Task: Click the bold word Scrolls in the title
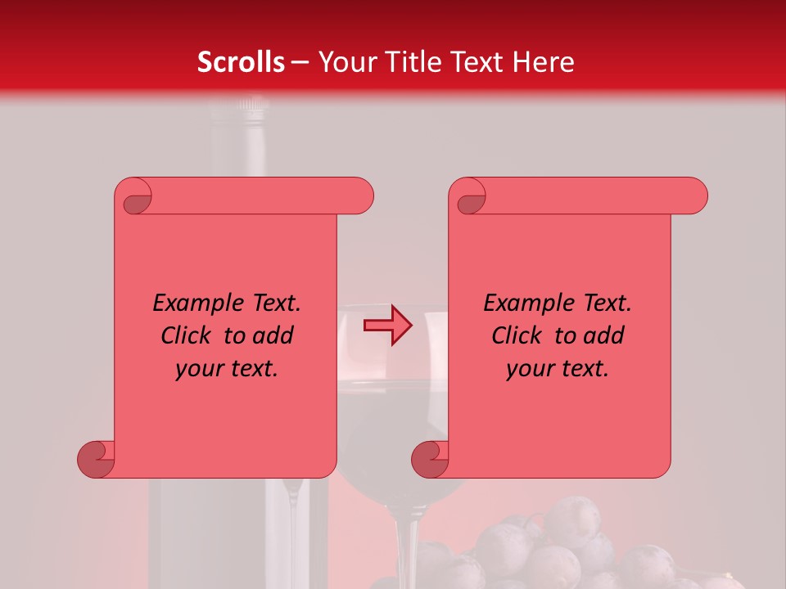tap(241, 62)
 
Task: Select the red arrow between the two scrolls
tap(388, 326)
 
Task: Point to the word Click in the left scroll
tap(188, 335)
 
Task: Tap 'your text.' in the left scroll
tap(227, 368)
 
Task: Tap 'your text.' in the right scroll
tap(558, 368)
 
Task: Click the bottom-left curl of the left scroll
tap(97, 460)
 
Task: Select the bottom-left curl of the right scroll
tap(430, 460)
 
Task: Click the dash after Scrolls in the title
tap(300, 62)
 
